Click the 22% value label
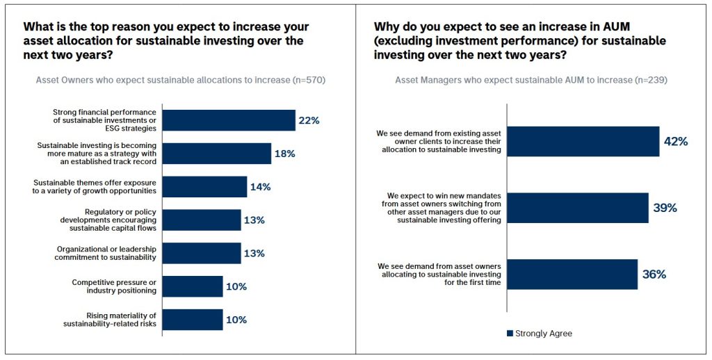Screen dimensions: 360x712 [x=309, y=120]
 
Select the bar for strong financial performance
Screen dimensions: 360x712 [x=229, y=120]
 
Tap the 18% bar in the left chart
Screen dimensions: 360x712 [x=216, y=154]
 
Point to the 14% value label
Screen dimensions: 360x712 [x=260, y=187]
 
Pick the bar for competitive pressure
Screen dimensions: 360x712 [x=193, y=286]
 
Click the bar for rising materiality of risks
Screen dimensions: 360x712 [x=193, y=320]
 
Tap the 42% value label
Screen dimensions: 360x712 [x=675, y=141]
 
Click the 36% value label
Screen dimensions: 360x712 [x=654, y=275]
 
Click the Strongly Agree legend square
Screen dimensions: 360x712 [x=510, y=334]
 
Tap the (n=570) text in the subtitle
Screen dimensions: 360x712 [x=309, y=80]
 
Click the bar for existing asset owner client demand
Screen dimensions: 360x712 [x=583, y=141]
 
